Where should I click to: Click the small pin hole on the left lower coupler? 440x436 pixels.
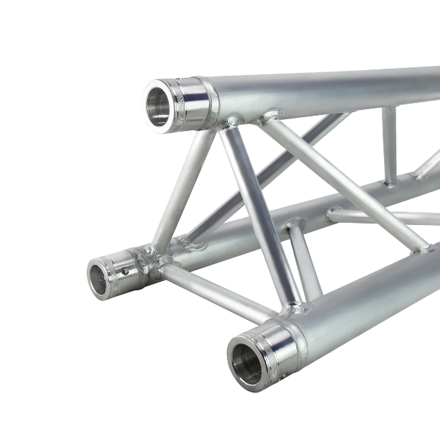(x=124, y=271)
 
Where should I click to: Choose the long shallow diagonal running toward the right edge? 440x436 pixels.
(x=343, y=182)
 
